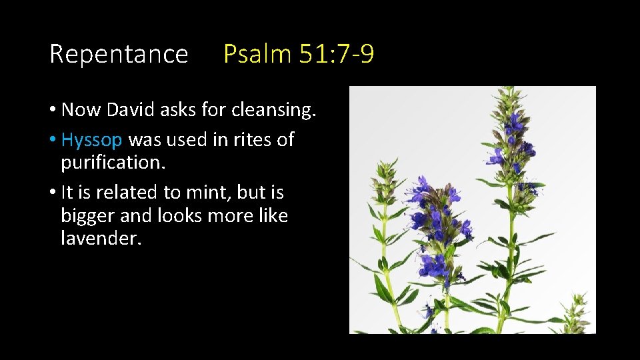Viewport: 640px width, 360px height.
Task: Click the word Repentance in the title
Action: click(119, 54)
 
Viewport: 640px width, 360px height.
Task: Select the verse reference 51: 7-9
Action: click(336, 54)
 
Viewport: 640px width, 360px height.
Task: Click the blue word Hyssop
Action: click(91, 141)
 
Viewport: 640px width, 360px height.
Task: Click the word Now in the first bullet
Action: click(80, 110)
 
